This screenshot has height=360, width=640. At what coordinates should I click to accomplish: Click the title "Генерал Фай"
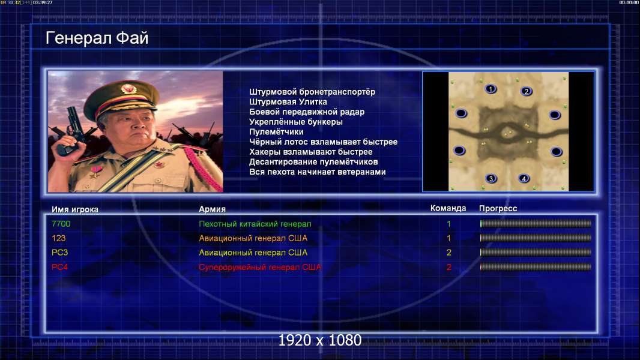(x=97, y=38)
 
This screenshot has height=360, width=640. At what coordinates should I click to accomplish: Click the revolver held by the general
(x=71, y=130)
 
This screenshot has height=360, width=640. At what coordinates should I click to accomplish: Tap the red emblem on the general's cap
(x=128, y=89)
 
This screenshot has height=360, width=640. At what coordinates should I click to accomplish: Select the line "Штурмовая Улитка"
(x=288, y=102)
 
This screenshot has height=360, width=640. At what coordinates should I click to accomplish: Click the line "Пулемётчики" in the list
(x=276, y=131)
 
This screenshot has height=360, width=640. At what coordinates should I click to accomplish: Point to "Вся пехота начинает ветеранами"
(x=318, y=172)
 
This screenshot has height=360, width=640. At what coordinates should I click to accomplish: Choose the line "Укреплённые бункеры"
(x=296, y=122)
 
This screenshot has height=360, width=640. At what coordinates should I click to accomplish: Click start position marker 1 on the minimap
(x=491, y=89)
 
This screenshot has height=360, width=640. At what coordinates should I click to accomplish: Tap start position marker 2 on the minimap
(x=526, y=91)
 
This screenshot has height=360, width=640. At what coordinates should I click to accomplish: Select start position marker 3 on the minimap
(x=491, y=178)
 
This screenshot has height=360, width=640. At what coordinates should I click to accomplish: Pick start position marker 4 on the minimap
(x=524, y=178)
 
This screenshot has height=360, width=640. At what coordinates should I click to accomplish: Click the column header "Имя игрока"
(x=74, y=209)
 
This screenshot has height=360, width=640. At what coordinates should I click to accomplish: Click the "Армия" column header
(x=213, y=209)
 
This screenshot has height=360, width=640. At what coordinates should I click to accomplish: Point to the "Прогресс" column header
(x=498, y=209)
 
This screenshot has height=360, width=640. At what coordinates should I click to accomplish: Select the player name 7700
(x=61, y=224)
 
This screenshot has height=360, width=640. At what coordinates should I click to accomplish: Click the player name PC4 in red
(x=59, y=267)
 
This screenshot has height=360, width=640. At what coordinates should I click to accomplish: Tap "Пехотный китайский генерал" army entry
(x=255, y=224)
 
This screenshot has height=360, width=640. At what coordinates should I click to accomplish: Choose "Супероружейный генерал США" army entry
(x=260, y=267)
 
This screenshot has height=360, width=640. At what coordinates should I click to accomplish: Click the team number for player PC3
(x=448, y=253)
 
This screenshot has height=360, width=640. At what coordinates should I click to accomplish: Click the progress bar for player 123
(x=536, y=238)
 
